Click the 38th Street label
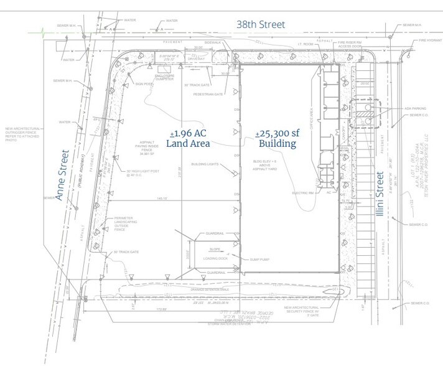pos(259,24)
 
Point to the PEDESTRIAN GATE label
pos(208,95)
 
